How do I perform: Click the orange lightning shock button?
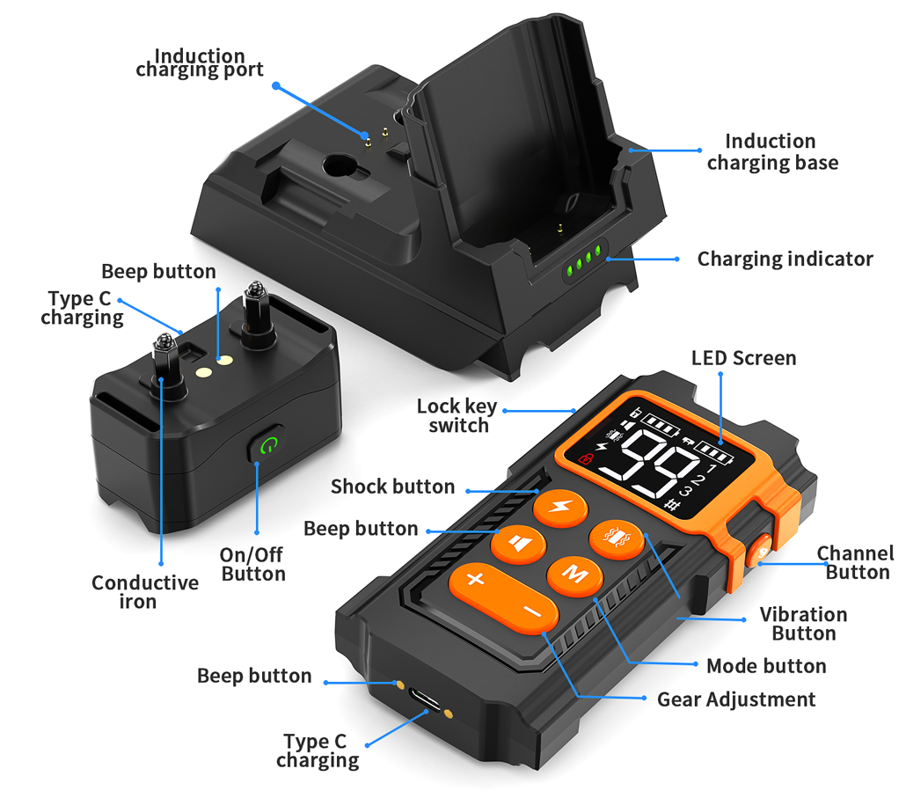coord(560,509)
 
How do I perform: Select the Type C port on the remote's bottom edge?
coord(424,699)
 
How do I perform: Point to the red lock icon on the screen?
coord(586,458)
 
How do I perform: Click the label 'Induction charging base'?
coord(772,152)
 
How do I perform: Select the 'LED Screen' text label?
coord(743,358)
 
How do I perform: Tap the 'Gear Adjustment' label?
coord(736,699)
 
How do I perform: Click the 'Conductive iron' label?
coord(144,592)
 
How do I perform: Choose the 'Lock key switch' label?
coord(457,415)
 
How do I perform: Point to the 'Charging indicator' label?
coord(785,259)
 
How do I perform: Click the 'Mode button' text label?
coord(766,666)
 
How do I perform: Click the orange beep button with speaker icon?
coord(518,544)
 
